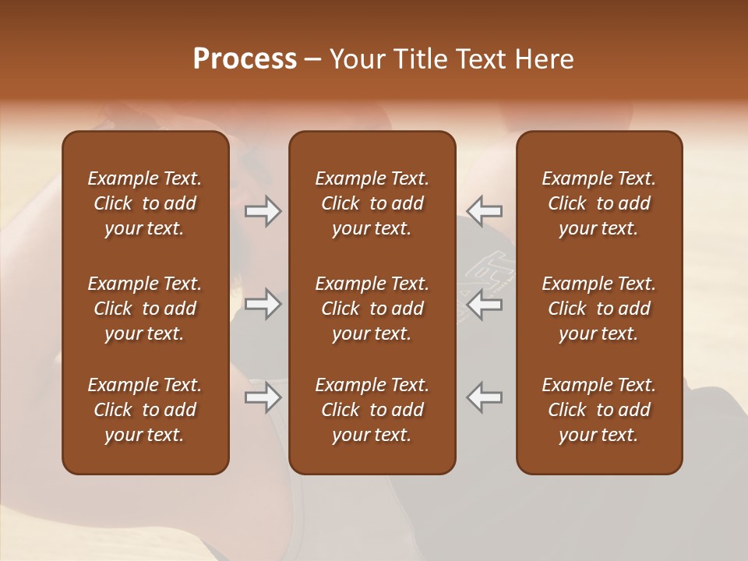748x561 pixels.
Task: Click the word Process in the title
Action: [245, 59]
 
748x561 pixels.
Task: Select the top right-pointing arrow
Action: [263, 210]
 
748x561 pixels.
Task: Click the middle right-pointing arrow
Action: [263, 304]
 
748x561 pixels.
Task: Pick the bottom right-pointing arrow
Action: [263, 397]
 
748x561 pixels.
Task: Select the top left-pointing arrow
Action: [485, 210]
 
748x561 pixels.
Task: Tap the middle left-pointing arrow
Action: [485, 304]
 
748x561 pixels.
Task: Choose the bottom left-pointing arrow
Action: [485, 397]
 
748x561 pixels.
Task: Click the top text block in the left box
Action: [145, 203]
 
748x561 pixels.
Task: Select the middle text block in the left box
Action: [145, 309]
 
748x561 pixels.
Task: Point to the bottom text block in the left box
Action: [145, 410]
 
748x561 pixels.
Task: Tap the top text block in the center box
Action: [372, 203]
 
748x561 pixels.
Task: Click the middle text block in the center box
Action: [372, 309]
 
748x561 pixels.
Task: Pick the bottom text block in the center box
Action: [372, 410]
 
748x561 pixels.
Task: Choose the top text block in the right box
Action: [598, 203]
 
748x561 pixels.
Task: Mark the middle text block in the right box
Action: [598, 309]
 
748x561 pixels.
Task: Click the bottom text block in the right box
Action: [598, 410]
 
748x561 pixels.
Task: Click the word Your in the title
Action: [355, 59]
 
